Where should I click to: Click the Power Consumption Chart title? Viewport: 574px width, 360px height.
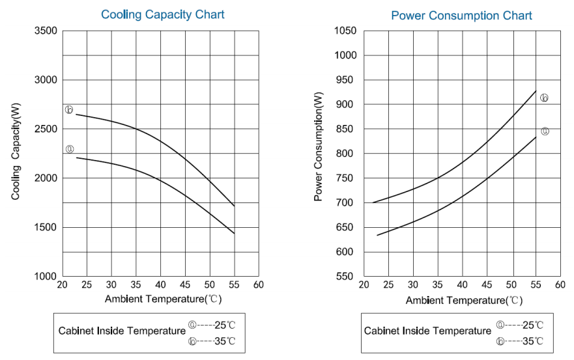pos(461,16)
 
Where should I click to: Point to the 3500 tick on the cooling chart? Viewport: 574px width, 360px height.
pos(45,31)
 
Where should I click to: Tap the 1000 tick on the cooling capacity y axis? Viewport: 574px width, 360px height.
pos(45,277)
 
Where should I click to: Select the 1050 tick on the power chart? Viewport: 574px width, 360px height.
pos(345,31)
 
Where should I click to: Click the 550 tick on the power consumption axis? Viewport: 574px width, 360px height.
pos(347,277)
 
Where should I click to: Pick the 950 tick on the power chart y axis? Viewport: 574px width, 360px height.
pos(347,80)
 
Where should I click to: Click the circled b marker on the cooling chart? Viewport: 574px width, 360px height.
pos(68,109)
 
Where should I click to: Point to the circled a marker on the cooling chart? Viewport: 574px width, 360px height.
pos(70,149)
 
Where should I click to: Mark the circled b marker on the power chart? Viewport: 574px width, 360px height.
pos(544,98)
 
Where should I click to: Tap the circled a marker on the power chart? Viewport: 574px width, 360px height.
pos(545,131)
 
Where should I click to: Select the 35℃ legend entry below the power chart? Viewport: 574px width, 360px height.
pos(519,341)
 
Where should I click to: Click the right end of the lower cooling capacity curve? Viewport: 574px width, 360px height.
pos(234,233)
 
